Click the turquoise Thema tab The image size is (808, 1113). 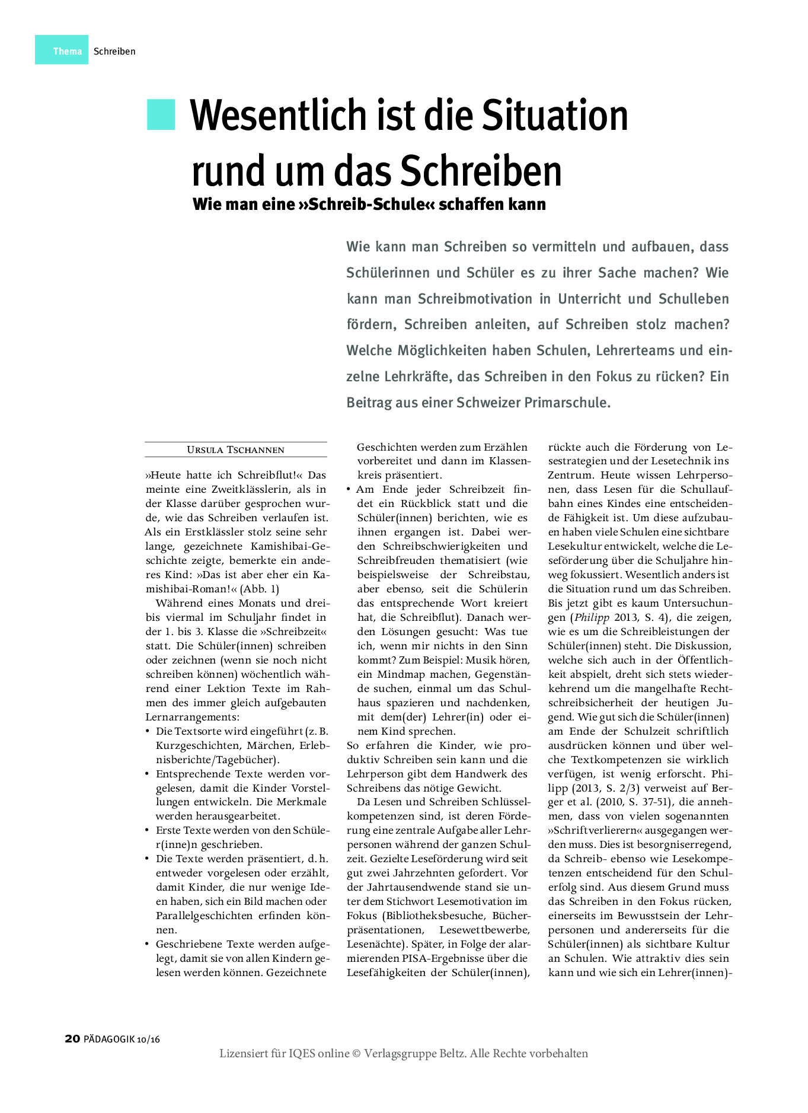(62, 50)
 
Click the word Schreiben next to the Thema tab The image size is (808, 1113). (114, 52)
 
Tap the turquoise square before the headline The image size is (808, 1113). (161, 114)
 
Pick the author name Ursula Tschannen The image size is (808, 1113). (235, 450)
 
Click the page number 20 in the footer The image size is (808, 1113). (72, 1038)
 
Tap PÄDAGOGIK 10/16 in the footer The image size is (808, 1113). (122, 1039)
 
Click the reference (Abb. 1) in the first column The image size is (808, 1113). (259, 589)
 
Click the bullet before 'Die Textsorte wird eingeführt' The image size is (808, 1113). (148, 731)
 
